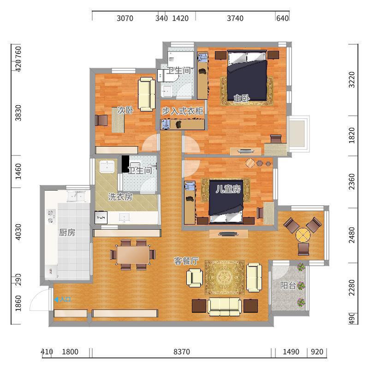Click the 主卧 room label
point(242,98)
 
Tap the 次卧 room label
point(125,110)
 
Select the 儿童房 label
point(228,189)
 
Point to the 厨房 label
point(67,232)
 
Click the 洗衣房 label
point(120,197)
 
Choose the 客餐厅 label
point(186,261)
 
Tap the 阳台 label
point(288,286)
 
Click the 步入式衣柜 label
point(182,111)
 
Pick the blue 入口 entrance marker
point(63,299)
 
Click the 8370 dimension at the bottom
point(182,352)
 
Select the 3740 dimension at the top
point(235,18)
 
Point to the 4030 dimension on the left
point(18,232)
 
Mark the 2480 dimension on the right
point(351,235)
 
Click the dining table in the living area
point(133,255)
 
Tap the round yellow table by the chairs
point(303,235)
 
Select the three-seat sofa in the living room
point(225,307)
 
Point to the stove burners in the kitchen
point(51,216)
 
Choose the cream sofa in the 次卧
point(146,94)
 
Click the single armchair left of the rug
point(195,278)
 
